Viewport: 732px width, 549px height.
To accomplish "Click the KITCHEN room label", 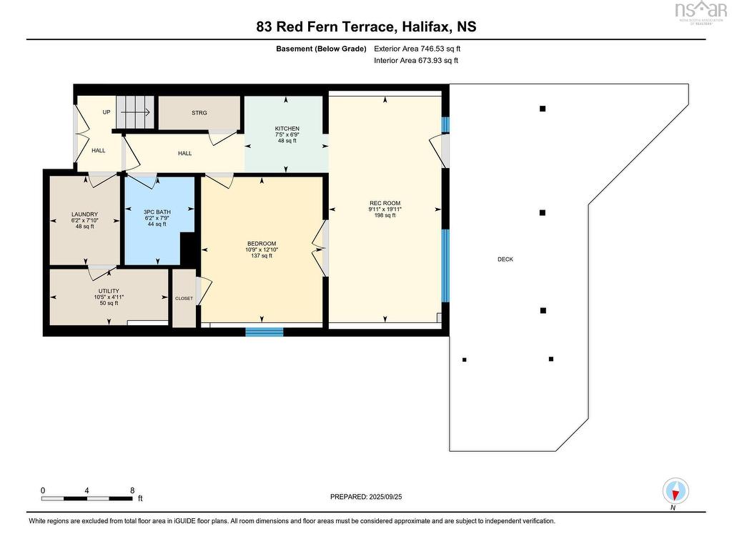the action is coord(287,129).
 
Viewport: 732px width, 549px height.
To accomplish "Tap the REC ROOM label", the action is coord(385,203).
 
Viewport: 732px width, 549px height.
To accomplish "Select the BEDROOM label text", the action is coord(262,244).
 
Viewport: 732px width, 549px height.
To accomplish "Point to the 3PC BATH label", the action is coord(157,212).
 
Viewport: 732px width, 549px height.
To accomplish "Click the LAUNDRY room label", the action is coord(84,214).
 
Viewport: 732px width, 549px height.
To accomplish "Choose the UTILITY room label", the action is coord(109,291).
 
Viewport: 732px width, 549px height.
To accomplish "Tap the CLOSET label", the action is coord(184,298).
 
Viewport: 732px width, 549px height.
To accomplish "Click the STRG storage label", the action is coord(199,113).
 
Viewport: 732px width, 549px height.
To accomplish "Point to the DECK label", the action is coord(505,259).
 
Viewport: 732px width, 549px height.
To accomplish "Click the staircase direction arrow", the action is coord(141,112).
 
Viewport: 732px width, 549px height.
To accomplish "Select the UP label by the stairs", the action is coord(107,112).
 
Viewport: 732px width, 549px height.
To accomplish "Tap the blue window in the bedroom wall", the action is coord(264,332).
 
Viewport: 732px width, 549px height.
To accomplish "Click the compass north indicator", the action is coord(676,491).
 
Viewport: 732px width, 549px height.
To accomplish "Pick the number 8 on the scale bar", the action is coord(132,490).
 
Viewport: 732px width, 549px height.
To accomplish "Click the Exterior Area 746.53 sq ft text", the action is coord(417,49).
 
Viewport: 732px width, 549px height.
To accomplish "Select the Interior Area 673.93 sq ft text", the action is coord(416,60).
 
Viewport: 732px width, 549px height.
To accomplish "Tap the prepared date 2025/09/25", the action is coord(385,497).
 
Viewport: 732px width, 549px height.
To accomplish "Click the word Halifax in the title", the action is coord(426,26).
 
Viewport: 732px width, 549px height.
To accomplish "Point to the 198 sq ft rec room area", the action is coord(385,215).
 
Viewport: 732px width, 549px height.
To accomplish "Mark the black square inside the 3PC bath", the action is coord(188,248).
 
